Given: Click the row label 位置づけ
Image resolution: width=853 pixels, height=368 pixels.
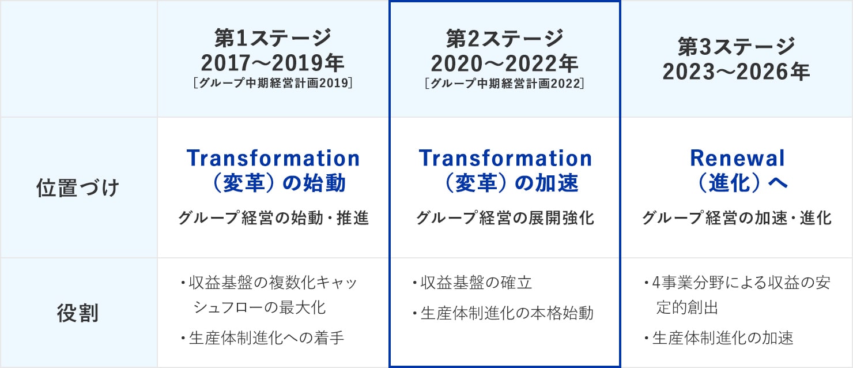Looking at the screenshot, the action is click(x=78, y=187).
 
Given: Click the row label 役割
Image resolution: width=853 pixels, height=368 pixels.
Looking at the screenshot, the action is click(x=78, y=313).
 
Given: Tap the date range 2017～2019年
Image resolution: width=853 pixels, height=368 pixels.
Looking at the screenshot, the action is click(x=273, y=63).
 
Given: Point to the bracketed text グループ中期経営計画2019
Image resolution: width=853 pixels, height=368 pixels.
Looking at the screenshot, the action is click(x=273, y=82).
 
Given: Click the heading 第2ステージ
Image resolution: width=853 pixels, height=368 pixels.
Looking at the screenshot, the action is click(x=504, y=38).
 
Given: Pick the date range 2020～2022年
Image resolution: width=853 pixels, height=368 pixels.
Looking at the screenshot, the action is click(x=504, y=63).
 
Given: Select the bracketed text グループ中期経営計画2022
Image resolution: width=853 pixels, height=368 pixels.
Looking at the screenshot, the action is click(x=504, y=83).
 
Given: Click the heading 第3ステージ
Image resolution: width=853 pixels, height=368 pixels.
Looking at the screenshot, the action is click(x=737, y=47).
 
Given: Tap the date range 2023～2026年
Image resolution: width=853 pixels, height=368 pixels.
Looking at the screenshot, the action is click(x=737, y=72).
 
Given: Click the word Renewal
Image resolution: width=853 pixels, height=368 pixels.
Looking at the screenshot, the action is click(x=737, y=158).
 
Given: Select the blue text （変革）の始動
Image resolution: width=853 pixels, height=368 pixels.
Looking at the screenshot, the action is click(x=273, y=183).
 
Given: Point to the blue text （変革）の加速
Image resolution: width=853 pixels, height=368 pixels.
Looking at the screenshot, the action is click(x=505, y=183).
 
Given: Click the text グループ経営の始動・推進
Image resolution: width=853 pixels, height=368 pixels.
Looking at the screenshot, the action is click(x=273, y=218).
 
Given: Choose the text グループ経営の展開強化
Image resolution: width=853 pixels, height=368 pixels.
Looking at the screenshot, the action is click(x=505, y=218).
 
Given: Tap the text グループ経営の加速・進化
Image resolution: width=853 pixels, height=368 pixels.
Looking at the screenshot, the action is click(x=737, y=218).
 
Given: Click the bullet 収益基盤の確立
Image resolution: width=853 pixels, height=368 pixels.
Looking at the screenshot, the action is click(x=472, y=283).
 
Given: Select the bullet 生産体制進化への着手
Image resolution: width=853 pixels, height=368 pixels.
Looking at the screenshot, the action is click(x=263, y=337).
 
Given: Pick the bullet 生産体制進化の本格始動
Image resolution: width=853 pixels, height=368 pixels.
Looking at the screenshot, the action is click(x=503, y=313).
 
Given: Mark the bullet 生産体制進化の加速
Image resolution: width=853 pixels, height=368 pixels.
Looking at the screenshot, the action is click(x=719, y=337).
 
